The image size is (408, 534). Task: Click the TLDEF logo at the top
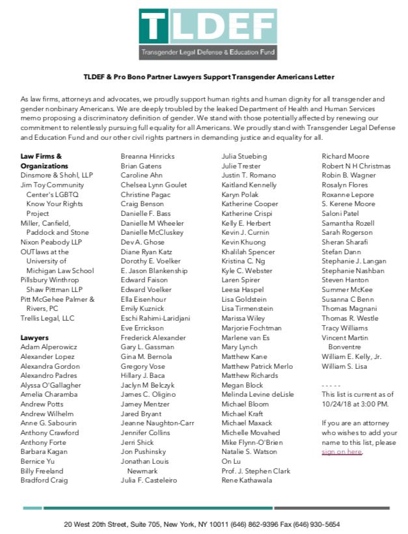[204, 34]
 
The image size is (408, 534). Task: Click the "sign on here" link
[342, 451]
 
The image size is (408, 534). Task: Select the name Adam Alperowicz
[49, 347]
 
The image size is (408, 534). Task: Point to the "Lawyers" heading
[34, 338]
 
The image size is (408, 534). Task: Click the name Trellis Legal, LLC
[48, 318]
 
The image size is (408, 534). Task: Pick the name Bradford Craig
[44, 480]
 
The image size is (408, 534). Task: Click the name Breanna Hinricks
[148, 156]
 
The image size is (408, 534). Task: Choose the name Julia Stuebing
[244, 156]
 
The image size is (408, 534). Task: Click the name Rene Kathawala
[248, 481]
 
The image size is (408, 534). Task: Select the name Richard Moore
[345, 156]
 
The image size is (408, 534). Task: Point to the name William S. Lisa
[344, 366]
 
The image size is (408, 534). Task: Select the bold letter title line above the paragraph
[204, 76]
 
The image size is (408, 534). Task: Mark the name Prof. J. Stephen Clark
[255, 471]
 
